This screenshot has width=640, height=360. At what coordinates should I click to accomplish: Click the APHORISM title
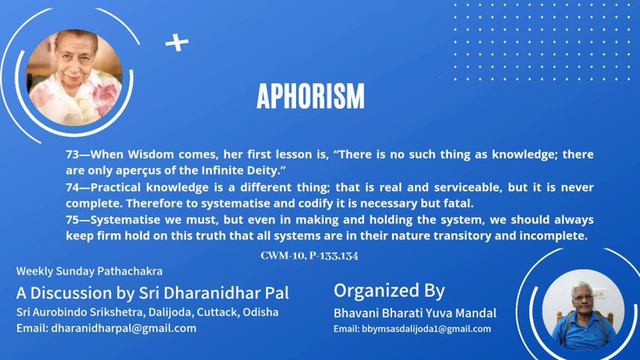pyautogui.click(x=310, y=97)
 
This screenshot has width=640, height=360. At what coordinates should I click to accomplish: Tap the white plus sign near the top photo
pyautogui.click(x=177, y=42)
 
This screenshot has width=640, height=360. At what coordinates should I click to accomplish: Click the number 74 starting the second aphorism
pyautogui.click(x=72, y=188)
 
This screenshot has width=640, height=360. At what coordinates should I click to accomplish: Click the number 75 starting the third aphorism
pyautogui.click(x=72, y=218)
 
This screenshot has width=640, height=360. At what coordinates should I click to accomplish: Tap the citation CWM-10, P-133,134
pyautogui.click(x=304, y=256)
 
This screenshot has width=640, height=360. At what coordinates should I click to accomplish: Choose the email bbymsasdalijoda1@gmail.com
pyautogui.click(x=412, y=329)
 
